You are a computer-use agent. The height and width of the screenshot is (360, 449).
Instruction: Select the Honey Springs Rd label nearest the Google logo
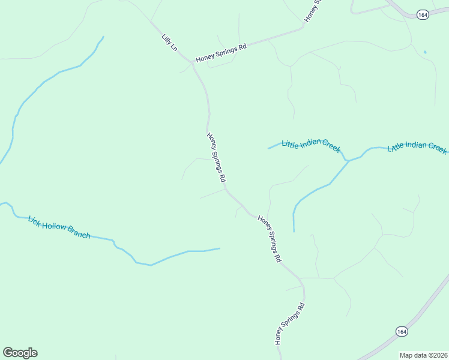290,323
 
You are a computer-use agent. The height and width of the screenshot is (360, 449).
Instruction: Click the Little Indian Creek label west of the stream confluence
310,145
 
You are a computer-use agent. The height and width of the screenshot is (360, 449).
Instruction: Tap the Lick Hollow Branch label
59,227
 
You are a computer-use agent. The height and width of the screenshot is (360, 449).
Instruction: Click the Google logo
20,353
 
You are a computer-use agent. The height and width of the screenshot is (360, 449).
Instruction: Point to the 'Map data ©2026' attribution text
423,355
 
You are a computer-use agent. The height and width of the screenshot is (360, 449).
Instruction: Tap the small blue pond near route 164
424,52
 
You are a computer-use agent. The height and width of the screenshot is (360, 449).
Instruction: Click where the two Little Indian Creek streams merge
347,161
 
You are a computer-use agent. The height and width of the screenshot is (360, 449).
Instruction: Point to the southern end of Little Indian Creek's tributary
294,231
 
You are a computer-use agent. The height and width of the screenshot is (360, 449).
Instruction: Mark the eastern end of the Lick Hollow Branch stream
220,248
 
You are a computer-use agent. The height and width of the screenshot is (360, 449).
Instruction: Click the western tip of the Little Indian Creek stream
268,148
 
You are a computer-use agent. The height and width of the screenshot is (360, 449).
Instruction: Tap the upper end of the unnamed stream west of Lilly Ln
103,37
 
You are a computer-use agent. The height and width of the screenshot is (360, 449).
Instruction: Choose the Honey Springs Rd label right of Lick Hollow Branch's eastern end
270,239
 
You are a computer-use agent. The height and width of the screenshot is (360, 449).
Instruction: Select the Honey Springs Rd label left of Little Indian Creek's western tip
216,157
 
